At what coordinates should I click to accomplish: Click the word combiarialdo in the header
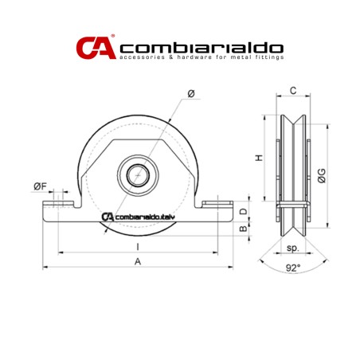coord(201,46)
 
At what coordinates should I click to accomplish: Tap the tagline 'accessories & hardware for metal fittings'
coord(201,59)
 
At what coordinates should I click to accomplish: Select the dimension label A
coord(139,261)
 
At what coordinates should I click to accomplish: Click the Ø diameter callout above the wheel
coord(191,95)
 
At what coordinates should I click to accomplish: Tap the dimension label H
coord(259,158)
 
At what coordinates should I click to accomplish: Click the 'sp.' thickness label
coord(292,248)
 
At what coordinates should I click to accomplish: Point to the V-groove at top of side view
coord(293,115)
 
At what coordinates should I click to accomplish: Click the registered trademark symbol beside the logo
coord(113,37)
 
